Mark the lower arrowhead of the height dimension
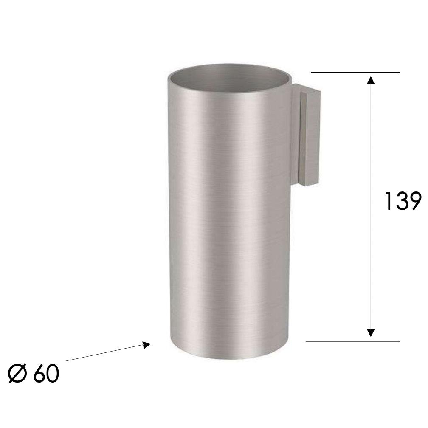(x=371, y=332)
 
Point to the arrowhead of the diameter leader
(x=146, y=344)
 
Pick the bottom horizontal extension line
(x=352, y=341)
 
